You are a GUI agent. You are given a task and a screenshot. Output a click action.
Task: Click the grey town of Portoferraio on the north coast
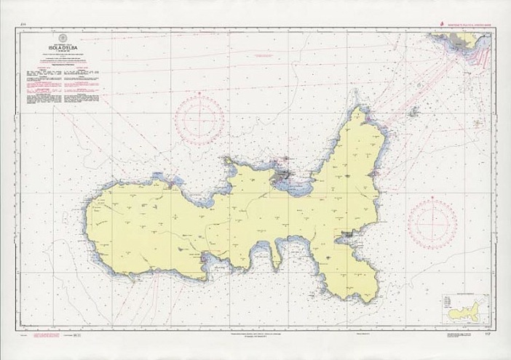(282, 176)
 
